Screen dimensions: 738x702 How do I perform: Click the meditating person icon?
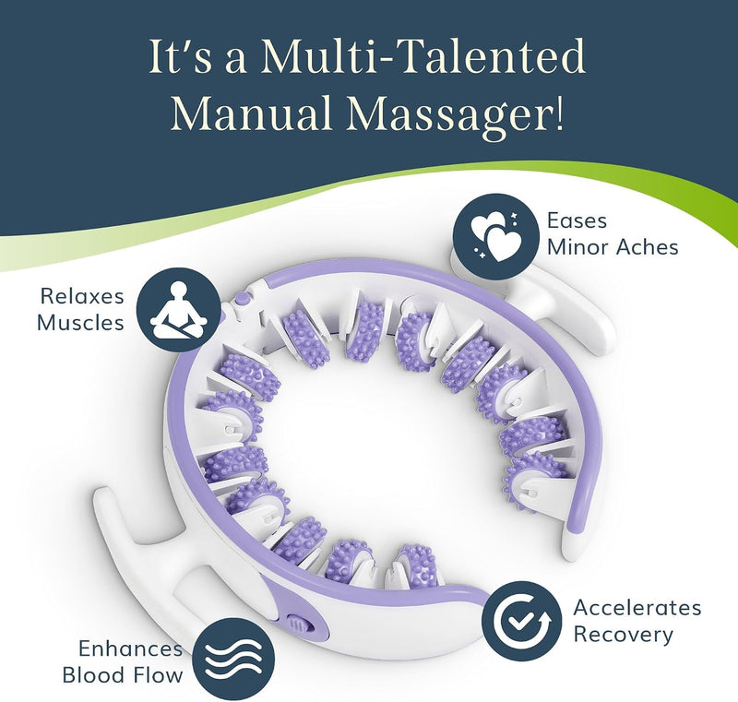(178, 309)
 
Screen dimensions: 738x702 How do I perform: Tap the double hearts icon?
(495, 235)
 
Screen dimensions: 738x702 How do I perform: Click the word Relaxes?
(82, 296)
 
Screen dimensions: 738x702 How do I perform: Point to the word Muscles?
(80, 323)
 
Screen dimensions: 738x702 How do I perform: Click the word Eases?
(577, 220)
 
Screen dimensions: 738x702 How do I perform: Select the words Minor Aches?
(613, 247)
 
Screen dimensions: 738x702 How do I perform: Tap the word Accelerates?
(637, 608)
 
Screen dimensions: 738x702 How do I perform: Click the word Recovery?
(624, 636)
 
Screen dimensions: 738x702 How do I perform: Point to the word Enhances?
(130, 648)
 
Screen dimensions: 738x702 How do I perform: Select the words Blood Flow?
(123, 675)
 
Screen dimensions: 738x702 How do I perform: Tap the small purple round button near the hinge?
(242, 298)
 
